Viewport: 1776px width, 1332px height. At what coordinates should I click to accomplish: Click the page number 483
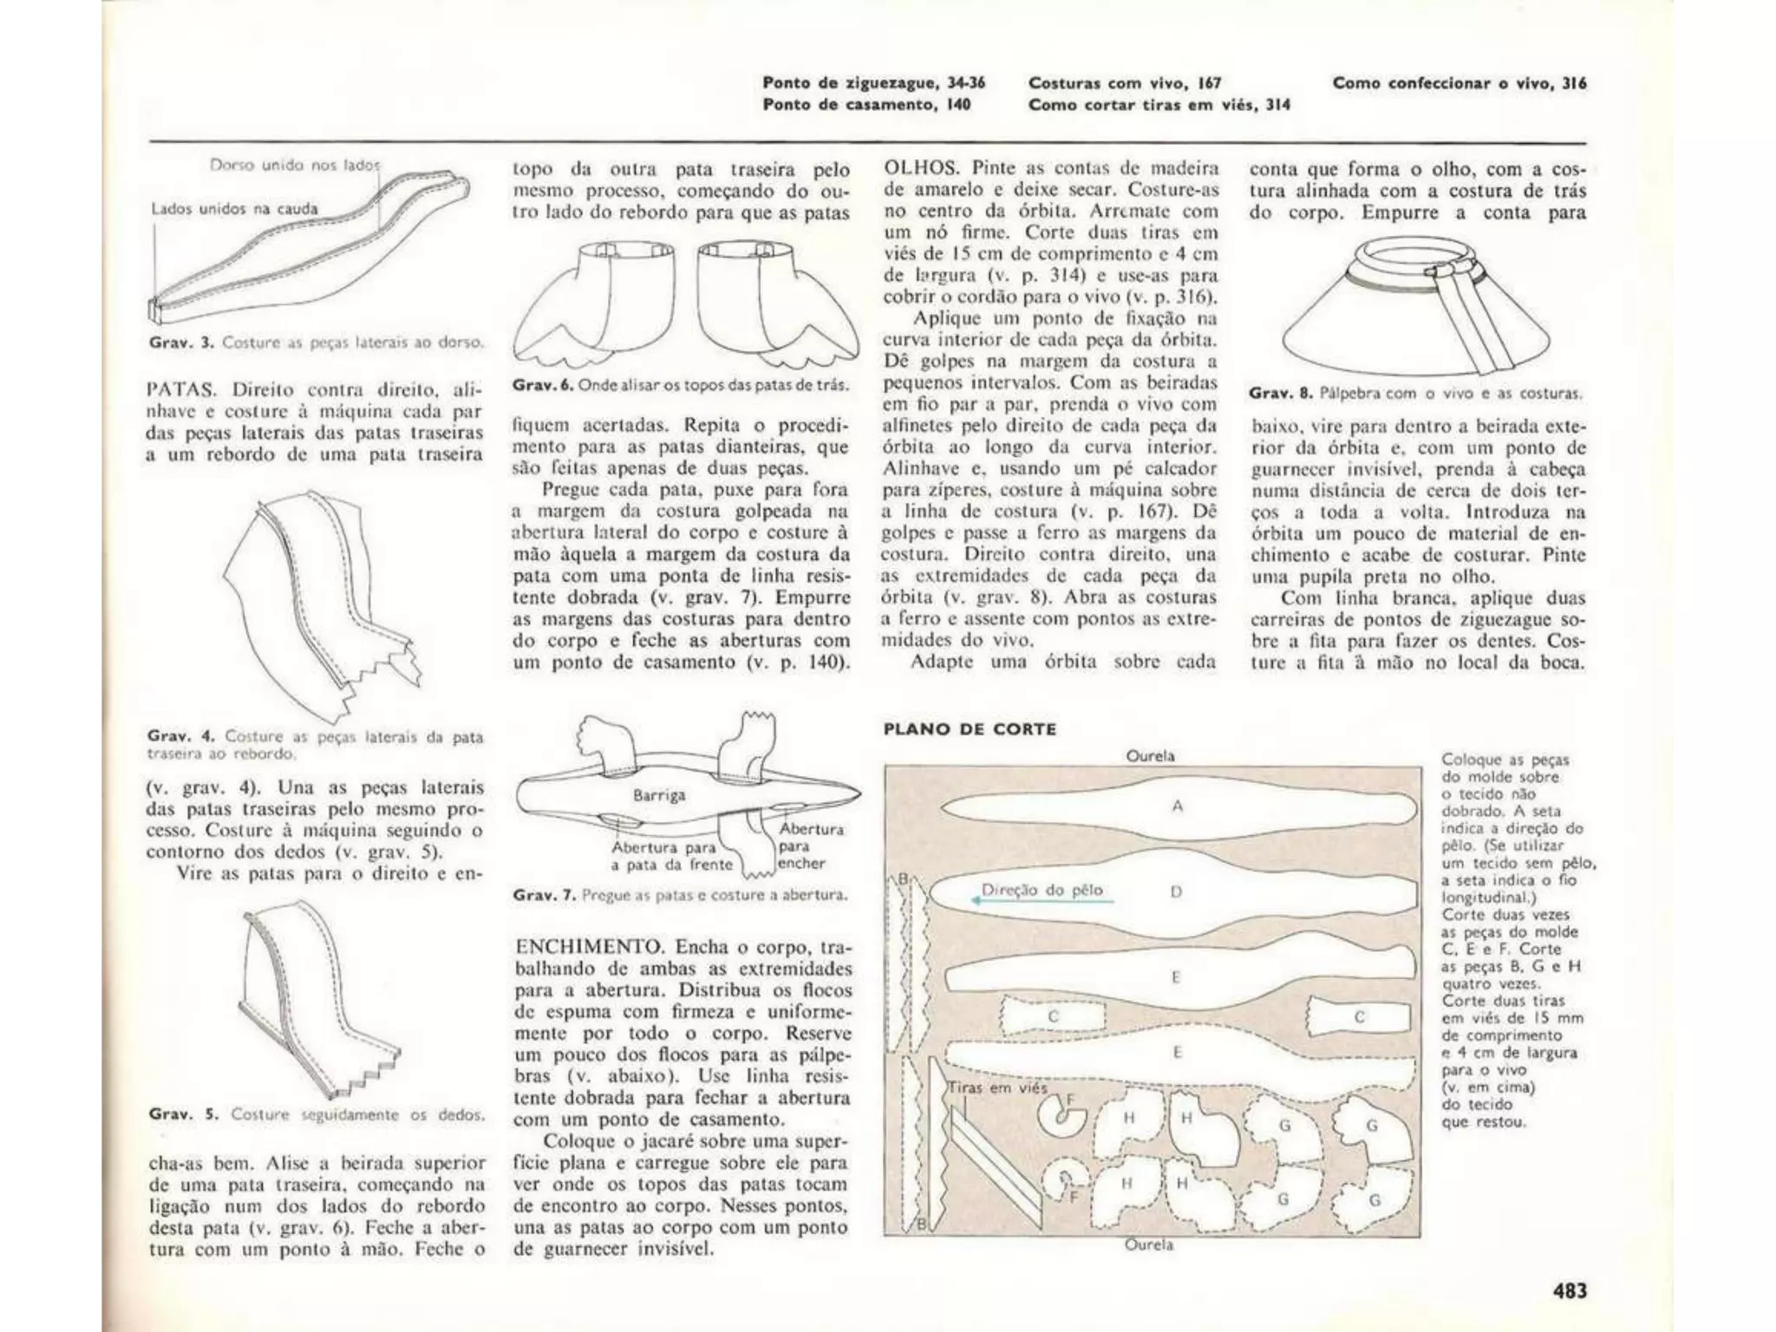1569,1290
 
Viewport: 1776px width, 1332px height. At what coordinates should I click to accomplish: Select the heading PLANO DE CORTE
970,729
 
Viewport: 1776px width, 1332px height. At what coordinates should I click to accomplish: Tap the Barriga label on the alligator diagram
659,795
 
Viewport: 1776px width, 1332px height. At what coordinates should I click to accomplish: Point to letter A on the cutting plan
1177,806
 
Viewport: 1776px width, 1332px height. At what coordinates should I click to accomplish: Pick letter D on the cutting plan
1176,891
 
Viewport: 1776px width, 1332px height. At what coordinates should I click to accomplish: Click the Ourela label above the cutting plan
1150,756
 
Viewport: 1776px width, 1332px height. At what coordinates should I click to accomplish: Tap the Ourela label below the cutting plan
1148,1245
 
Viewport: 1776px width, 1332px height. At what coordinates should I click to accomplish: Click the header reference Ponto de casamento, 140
866,105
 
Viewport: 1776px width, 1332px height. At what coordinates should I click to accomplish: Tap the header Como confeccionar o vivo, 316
1459,83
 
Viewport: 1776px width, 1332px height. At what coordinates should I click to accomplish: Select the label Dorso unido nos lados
295,165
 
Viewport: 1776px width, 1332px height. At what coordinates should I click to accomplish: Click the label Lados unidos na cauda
234,209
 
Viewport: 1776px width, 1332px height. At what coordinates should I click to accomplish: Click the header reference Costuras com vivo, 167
1125,83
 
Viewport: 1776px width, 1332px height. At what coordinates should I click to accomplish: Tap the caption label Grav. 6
544,385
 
